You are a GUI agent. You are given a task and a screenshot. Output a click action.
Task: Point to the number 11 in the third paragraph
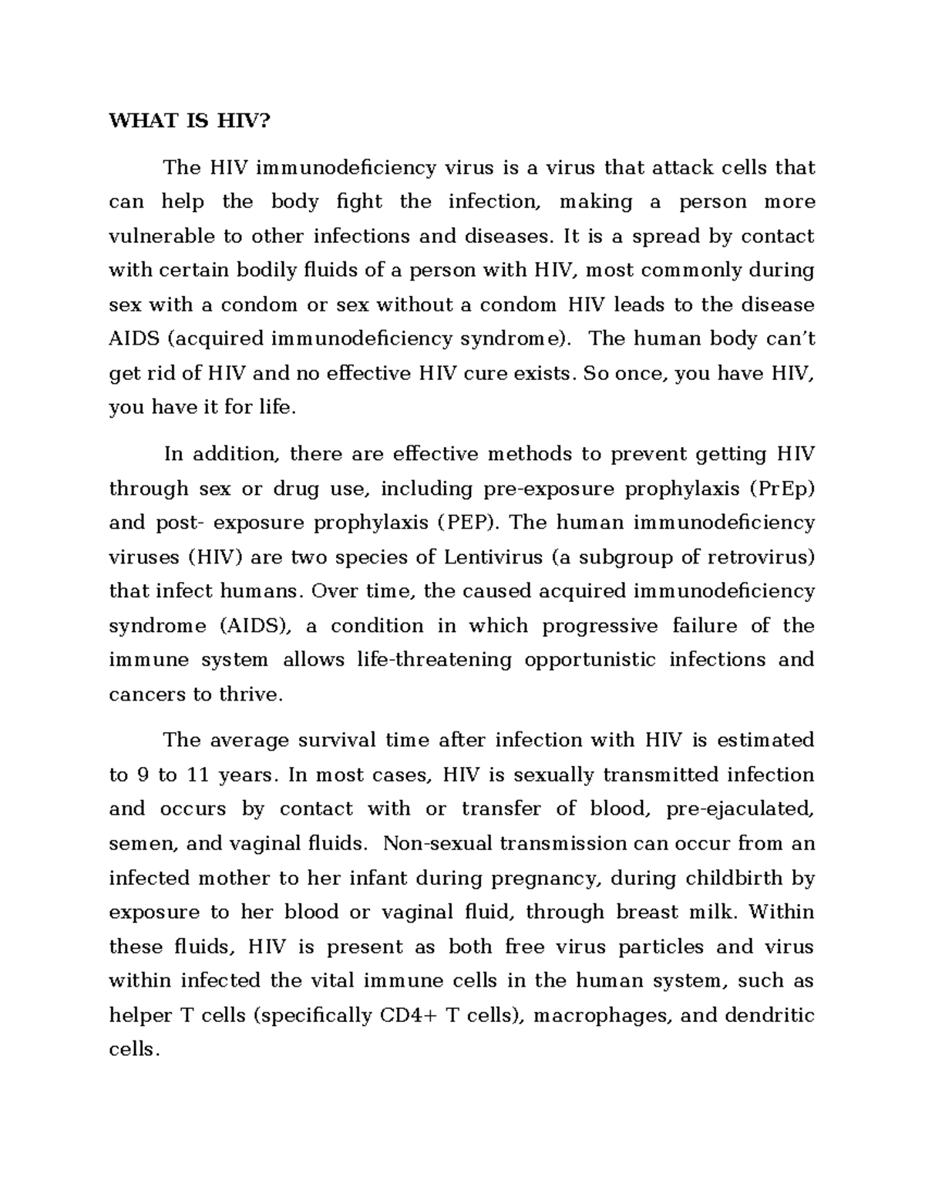(198, 775)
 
